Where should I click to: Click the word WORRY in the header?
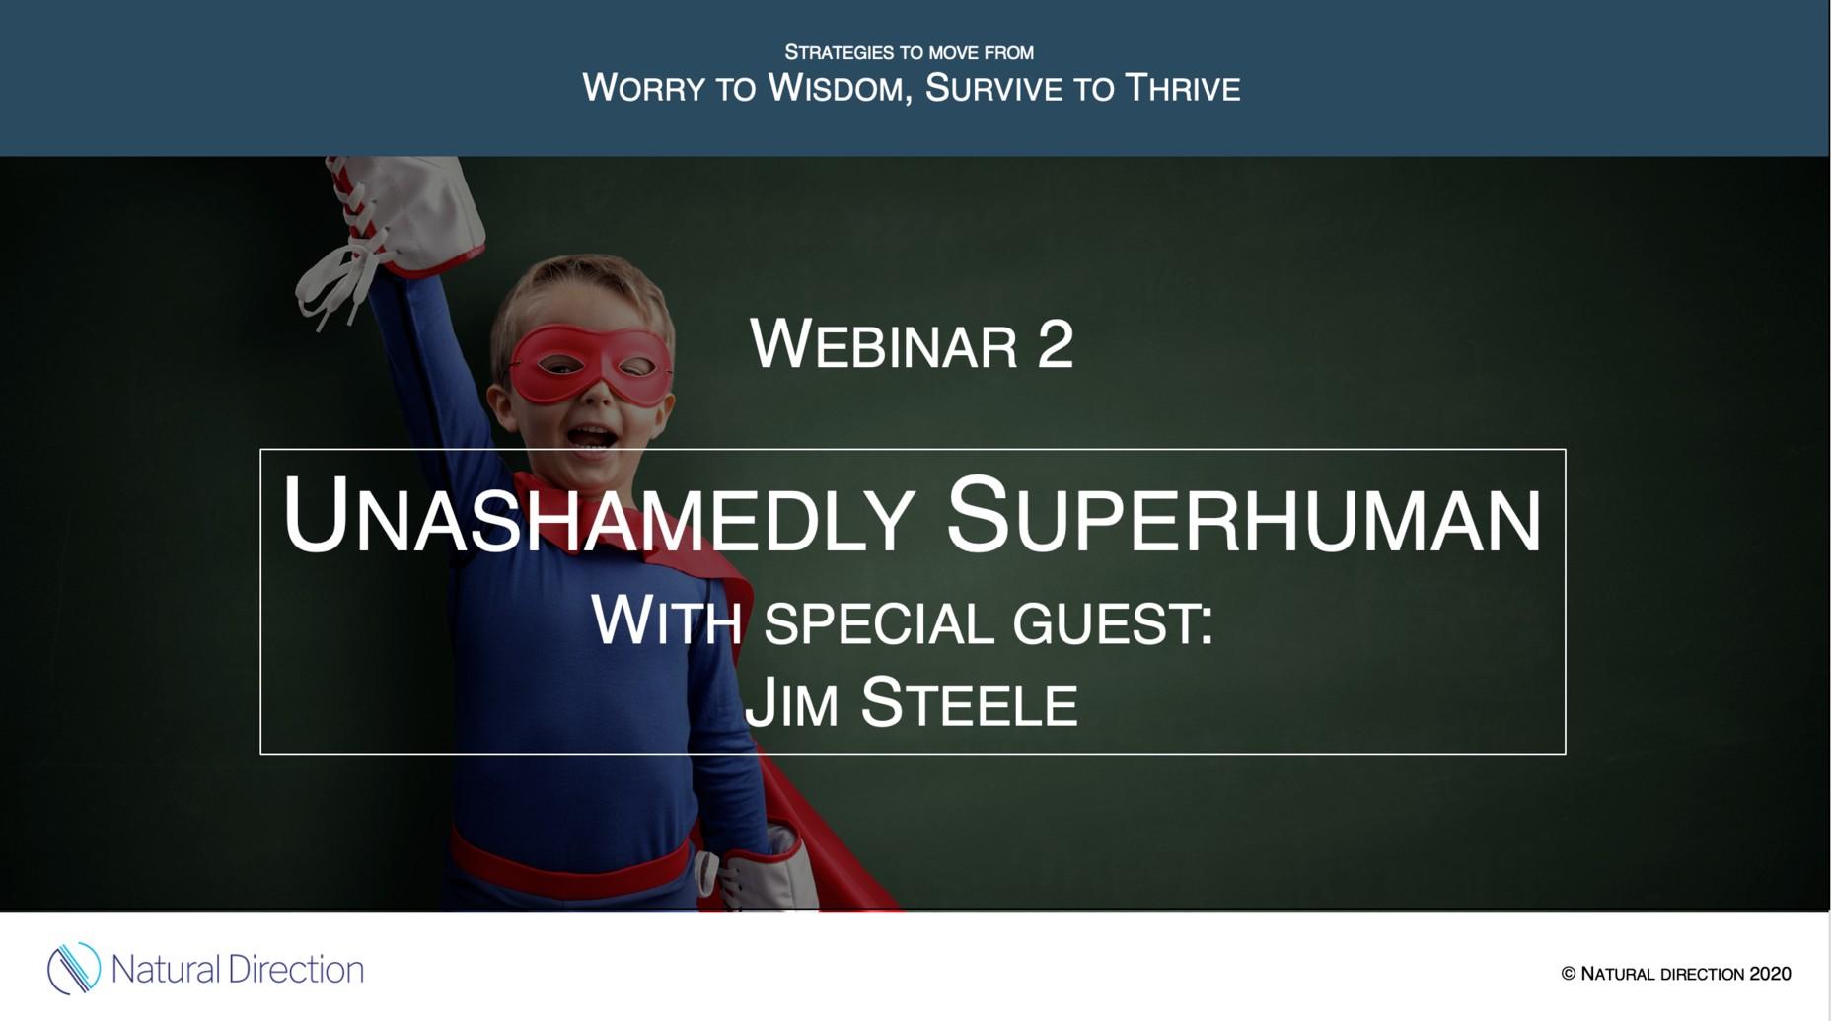[x=643, y=88]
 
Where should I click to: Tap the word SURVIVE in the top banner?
[x=993, y=88]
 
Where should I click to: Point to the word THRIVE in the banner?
[x=1183, y=88]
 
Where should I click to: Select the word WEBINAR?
[x=884, y=344]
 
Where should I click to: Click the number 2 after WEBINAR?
[x=1055, y=345]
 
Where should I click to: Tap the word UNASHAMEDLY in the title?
[x=597, y=515]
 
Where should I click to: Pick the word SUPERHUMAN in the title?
[x=1244, y=515]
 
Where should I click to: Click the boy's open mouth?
[x=591, y=436]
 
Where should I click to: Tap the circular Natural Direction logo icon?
[x=74, y=968]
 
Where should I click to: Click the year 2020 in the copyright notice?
[x=1770, y=974]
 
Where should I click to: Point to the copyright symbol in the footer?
[x=1569, y=974]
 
